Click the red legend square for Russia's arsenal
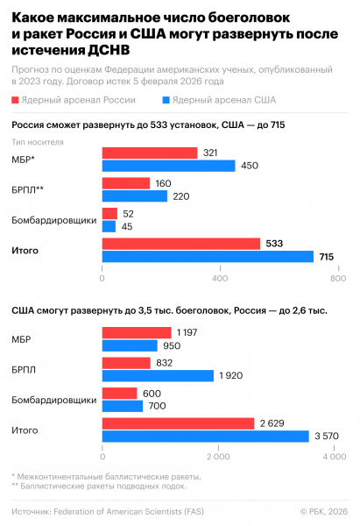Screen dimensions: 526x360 pyautogui.click(x=18, y=102)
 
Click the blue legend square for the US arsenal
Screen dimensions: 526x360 pyautogui.click(x=167, y=102)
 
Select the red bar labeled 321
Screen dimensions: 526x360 pyautogui.click(x=149, y=153)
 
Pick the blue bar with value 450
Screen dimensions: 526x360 pyautogui.click(x=168, y=166)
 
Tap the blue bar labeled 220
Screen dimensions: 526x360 pyautogui.click(x=134, y=196)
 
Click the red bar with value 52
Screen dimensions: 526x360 pyautogui.click(x=109, y=214)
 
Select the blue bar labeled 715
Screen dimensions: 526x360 pyautogui.click(x=208, y=256)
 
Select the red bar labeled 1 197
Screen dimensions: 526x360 pyautogui.click(x=137, y=333)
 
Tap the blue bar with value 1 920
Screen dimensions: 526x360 pyautogui.click(x=158, y=375)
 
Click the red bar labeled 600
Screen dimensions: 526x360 pyautogui.click(x=120, y=394)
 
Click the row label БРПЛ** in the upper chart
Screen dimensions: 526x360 pyautogui.click(x=27, y=190)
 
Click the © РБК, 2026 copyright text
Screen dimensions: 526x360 pyautogui.click(x=323, y=510)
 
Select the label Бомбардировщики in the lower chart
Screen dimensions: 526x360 pyautogui.click(x=53, y=400)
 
